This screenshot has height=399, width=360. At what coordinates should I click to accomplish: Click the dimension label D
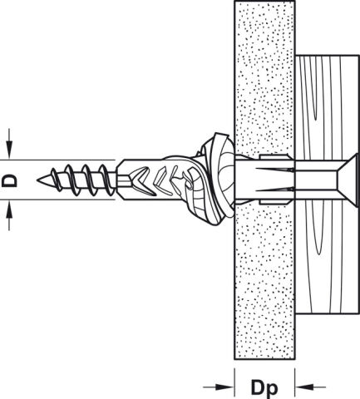pos(9,180)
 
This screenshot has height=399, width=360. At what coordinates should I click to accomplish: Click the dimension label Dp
pos(264,388)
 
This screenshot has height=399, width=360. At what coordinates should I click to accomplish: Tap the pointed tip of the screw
pos(38,180)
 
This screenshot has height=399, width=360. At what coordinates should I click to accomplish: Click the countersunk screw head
pos(347,180)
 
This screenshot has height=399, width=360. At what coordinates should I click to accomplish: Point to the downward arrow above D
pos(9,144)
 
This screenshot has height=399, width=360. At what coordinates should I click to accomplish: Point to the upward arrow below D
pos(9,215)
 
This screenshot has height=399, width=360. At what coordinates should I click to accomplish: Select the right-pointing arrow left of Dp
pos(219,387)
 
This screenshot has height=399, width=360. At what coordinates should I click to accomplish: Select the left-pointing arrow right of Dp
pos(310,387)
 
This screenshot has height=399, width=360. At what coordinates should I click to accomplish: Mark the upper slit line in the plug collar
pos(274,170)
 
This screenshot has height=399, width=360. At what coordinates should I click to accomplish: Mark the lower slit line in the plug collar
pos(274,190)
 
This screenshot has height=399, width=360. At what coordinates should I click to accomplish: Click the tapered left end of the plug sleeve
pos(120,180)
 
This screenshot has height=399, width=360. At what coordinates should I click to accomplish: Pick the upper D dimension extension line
pos(57,160)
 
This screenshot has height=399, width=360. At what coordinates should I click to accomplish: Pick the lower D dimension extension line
pos(57,199)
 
